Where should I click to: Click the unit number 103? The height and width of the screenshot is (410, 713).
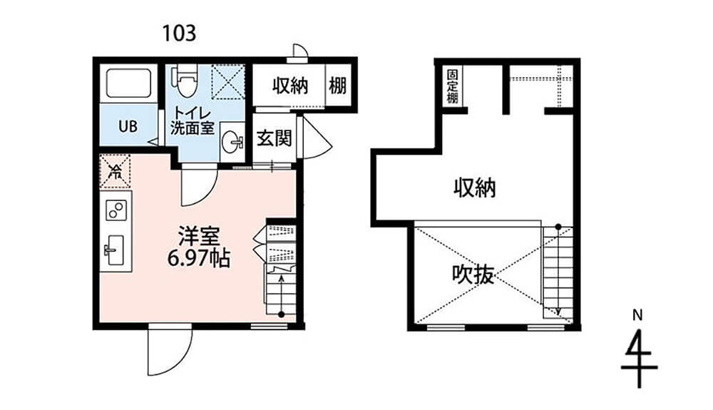(180, 34)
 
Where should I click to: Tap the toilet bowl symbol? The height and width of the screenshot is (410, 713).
(185, 81)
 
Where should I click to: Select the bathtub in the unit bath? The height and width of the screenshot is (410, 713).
(128, 83)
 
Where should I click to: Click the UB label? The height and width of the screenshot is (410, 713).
(128, 126)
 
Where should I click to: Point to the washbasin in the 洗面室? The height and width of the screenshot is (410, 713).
(232, 142)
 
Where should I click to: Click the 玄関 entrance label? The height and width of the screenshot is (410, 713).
(275, 138)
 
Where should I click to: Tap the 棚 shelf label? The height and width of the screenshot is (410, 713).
(338, 86)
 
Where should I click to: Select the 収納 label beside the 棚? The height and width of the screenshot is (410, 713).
(291, 86)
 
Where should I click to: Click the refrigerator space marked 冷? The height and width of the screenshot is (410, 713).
(115, 171)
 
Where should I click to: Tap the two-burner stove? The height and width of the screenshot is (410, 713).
(116, 210)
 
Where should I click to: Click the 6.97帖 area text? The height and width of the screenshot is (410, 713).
(199, 258)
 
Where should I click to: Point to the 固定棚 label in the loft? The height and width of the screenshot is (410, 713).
(452, 86)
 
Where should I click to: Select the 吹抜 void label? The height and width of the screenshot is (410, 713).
(473, 274)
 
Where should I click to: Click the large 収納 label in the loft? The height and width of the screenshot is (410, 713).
(475, 187)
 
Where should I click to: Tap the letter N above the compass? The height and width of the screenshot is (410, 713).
(638, 315)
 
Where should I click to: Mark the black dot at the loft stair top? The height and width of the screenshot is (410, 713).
(558, 226)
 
